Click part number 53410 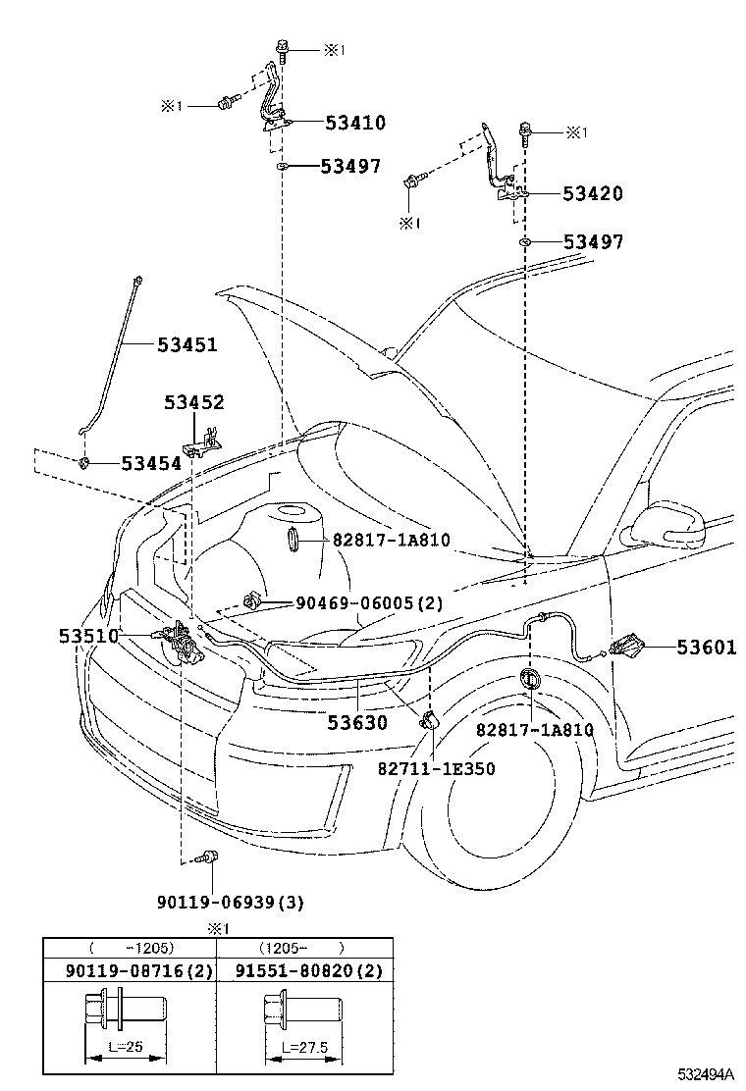pos(342,123)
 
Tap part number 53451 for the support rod pos(187,344)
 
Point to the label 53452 pos(194,402)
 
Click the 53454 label pos(151,463)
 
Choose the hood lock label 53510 pos(88,636)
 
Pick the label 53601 pos(705,647)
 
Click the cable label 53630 pos(357,723)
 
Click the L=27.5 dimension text pos(302,1047)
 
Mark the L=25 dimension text pos(124,1047)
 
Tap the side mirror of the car pos(671,526)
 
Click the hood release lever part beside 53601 pos(626,648)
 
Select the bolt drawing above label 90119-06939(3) pos(207,857)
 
